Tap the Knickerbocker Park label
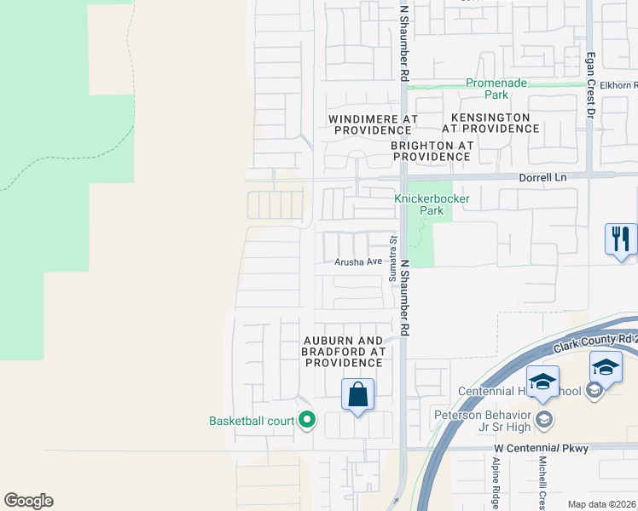point(432,204)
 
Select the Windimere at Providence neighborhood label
point(373,123)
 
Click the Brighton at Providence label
point(432,151)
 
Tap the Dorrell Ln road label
point(543,177)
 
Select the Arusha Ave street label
point(357,261)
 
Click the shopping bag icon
point(358,395)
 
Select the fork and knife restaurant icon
point(621,238)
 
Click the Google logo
point(28,501)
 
